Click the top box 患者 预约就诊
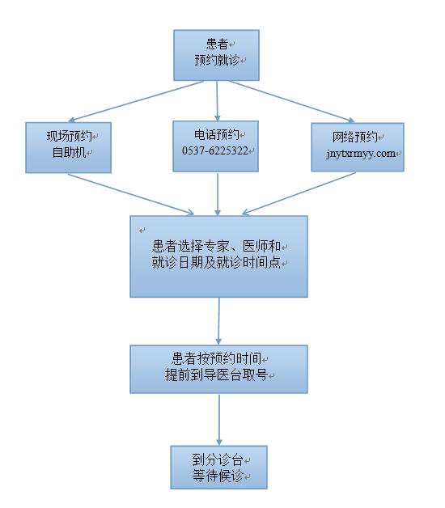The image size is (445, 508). point(216,55)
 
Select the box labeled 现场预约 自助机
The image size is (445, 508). point(69,147)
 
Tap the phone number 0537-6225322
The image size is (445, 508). point(215,150)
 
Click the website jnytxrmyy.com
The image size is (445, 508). point(360,153)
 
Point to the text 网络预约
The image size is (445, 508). point(355,137)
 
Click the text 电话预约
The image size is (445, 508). point(217,135)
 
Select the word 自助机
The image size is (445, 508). point(69,152)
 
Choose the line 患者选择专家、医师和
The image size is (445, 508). point(216,247)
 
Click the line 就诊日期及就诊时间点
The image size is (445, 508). point(216,262)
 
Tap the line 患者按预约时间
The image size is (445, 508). point(216,358)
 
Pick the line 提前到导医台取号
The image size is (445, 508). point(216,375)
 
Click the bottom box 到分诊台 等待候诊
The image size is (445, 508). point(218,468)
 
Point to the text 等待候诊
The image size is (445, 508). point(218,476)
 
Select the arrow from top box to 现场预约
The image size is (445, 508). point(136,101)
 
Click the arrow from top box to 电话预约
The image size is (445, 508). point(217,101)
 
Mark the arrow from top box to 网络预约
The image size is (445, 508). point(292,101)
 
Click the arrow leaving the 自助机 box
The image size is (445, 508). point(131,194)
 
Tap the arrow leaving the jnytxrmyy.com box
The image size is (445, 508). point(299,194)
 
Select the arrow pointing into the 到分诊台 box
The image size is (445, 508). point(219,420)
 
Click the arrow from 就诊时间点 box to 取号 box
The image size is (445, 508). point(218,321)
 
